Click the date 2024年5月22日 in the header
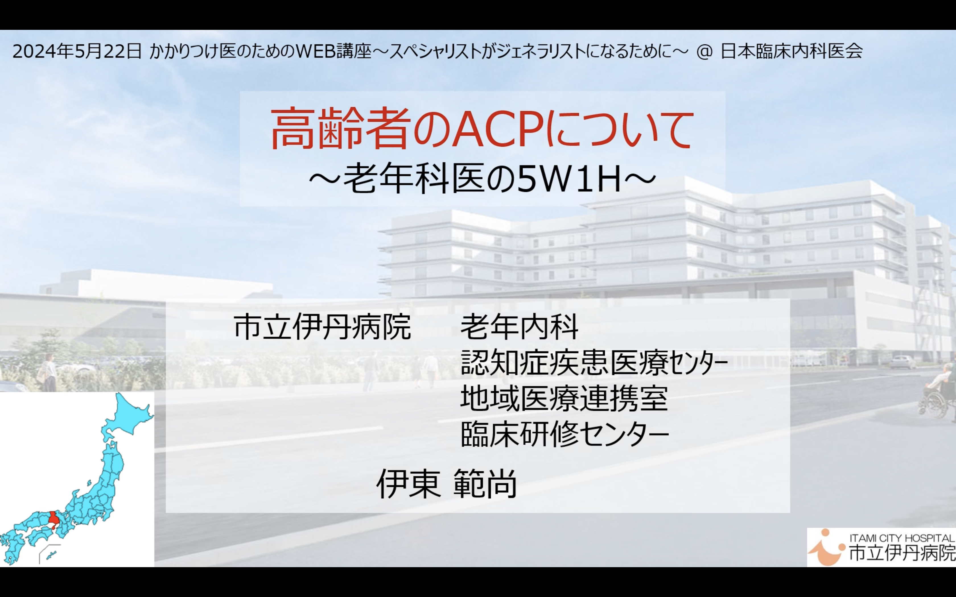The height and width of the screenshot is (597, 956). (x=77, y=51)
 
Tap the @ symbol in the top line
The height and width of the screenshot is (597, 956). (x=704, y=52)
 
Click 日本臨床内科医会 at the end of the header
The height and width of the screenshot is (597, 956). (x=791, y=51)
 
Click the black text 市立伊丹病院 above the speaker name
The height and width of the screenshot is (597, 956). (x=322, y=327)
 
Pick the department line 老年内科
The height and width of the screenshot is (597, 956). (x=520, y=327)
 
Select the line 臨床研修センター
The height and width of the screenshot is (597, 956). (x=564, y=434)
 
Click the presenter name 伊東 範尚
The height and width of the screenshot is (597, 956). (x=446, y=483)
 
